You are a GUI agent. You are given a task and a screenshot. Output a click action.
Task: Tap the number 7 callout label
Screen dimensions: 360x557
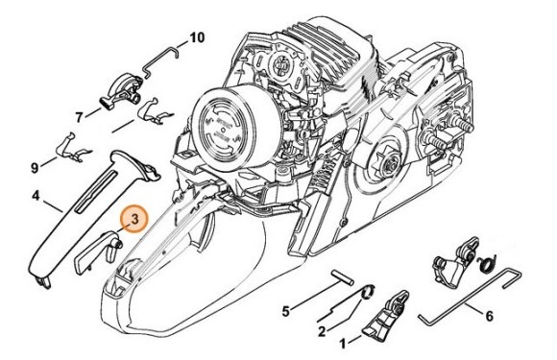[80, 115]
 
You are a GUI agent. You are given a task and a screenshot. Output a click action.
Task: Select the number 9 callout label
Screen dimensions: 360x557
[35, 167]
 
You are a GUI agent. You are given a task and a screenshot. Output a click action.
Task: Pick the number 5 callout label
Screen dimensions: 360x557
[284, 310]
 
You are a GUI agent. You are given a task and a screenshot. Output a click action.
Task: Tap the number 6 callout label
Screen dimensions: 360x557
[490, 313]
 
